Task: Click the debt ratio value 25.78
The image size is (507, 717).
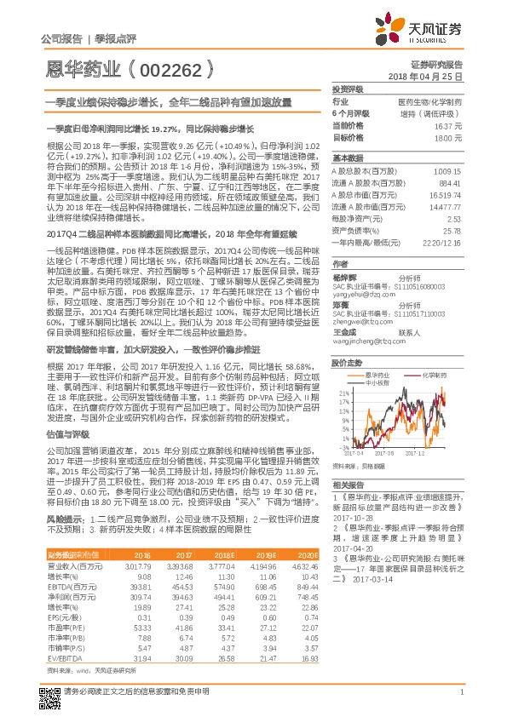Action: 452,230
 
